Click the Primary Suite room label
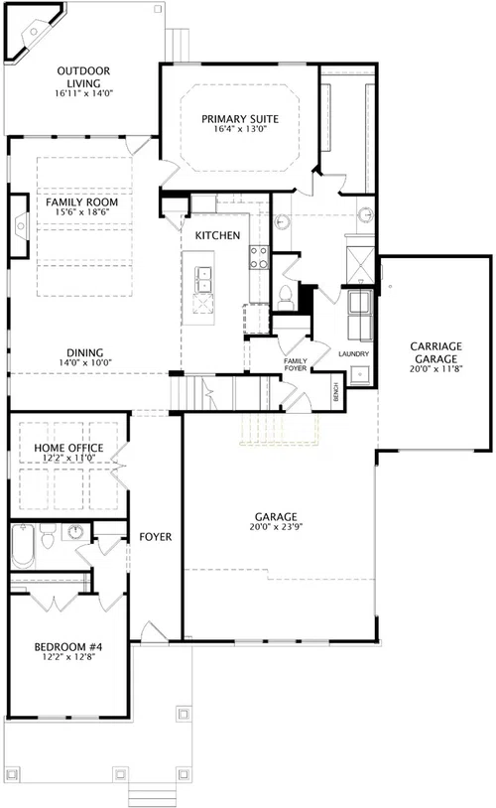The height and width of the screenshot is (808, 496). click(x=240, y=119)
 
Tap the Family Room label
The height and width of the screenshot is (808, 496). click(x=82, y=202)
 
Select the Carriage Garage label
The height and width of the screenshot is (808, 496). click(x=435, y=352)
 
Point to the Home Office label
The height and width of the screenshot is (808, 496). click(x=68, y=448)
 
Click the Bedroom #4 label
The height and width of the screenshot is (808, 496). click(x=68, y=647)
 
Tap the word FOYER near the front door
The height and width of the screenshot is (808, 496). click(x=156, y=537)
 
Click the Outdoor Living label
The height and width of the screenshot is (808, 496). click(x=83, y=76)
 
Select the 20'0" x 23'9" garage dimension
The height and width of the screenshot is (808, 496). click(x=276, y=527)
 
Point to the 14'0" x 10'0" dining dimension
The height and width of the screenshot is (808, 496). click(x=85, y=362)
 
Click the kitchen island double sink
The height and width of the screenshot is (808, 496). click(x=203, y=279)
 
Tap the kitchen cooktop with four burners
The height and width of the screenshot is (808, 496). click(x=259, y=257)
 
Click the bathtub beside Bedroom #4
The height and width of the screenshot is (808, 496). click(x=22, y=545)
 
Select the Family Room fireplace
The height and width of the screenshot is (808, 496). click(x=20, y=225)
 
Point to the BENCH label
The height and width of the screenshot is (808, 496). click(x=336, y=393)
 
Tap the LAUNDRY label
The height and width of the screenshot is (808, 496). click(x=354, y=354)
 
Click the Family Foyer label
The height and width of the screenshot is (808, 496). click(x=296, y=365)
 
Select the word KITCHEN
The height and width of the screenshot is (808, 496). click(x=218, y=235)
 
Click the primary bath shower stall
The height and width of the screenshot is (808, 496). click(x=360, y=265)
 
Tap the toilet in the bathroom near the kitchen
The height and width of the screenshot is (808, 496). click(x=285, y=298)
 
